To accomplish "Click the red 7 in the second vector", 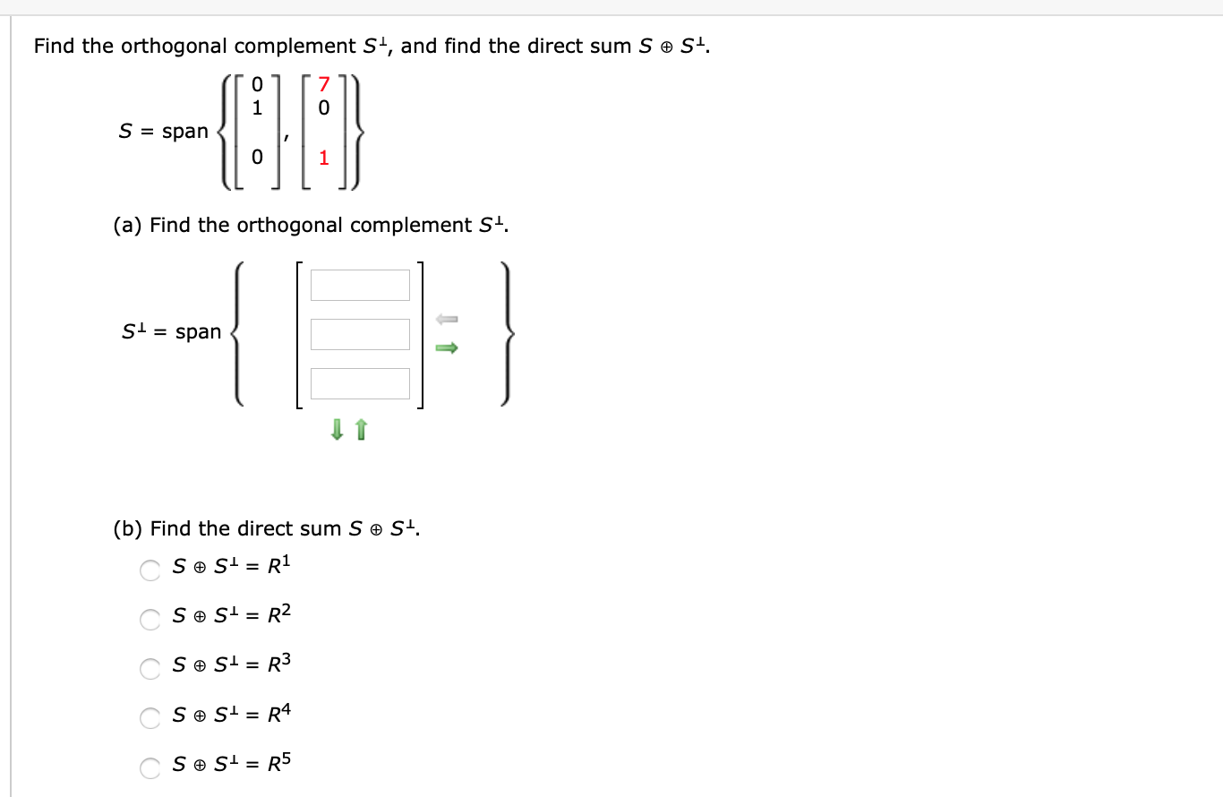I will click(324, 85).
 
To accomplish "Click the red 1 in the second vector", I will click(324, 159).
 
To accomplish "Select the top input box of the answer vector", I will click(360, 285).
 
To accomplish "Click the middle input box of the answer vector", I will click(360, 334).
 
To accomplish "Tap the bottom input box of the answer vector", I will click(360, 383).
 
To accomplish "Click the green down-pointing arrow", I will click(337, 431).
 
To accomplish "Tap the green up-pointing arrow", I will click(361, 431).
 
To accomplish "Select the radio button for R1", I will click(150, 569).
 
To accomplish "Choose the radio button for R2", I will click(150, 618).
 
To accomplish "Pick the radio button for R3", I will click(150, 667).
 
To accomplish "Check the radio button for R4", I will click(150, 716).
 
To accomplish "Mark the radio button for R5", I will click(150, 767).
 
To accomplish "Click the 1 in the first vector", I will click(257, 107).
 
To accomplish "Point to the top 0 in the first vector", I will click(257, 85).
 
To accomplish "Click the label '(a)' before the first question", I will click(128, 225).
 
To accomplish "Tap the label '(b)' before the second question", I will click(128, 528).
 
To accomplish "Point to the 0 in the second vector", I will click(324, 107).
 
